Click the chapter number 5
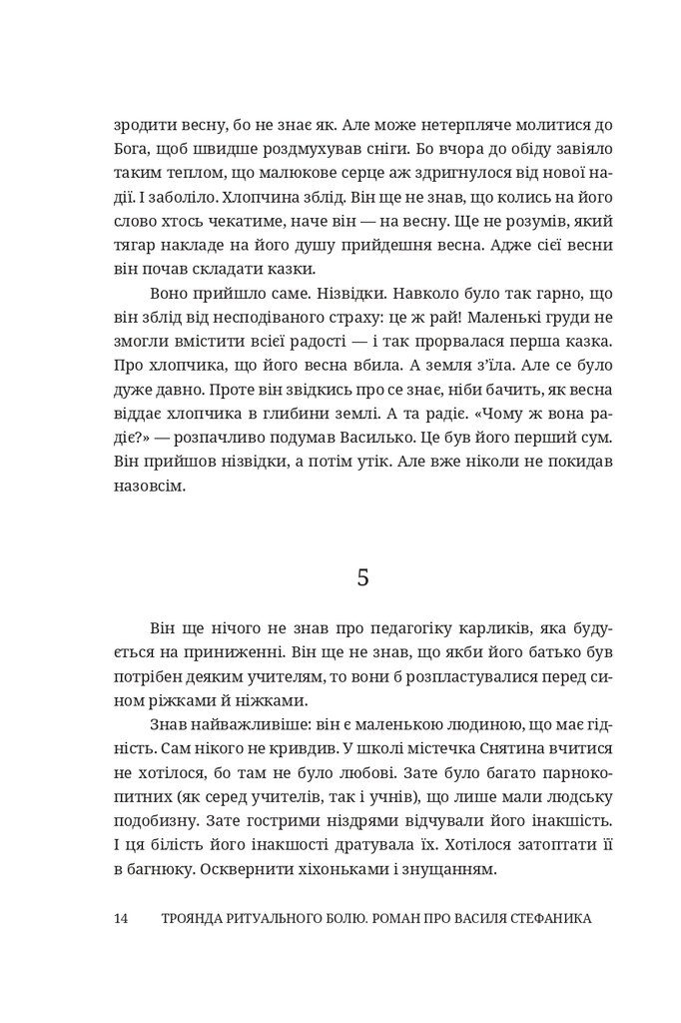coord(362,577)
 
